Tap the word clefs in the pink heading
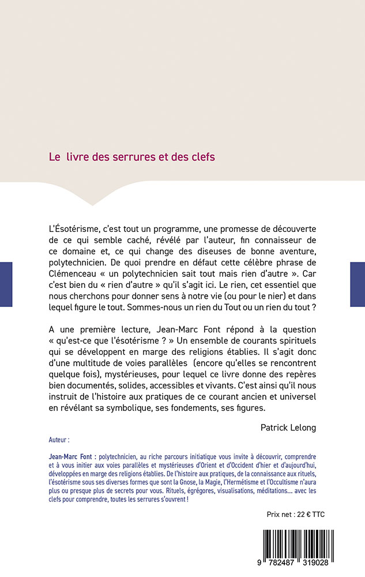click(202, 157)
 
